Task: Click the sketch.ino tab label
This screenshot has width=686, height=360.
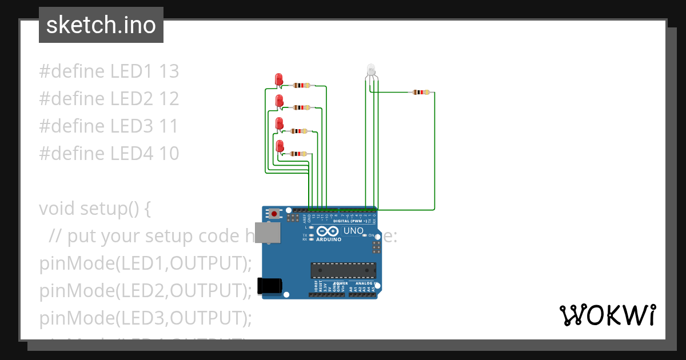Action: click(x=101, y=25)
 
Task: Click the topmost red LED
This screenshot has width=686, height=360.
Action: click(x=279, y=79)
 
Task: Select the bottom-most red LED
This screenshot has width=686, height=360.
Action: click(x=280, y=146)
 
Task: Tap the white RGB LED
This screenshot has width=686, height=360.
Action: click(x=370, y=70)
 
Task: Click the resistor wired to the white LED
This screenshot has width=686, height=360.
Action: click(x=421, y=92)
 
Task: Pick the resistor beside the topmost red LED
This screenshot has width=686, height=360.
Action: click(x=301, y=86)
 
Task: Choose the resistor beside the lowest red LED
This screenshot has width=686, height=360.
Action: click(x=298, y=154)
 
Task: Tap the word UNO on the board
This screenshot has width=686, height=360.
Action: click(x=353, y=231)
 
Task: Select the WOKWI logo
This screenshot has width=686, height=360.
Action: click(x=607, y=315)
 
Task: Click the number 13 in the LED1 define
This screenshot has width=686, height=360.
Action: click(x=169, y=71)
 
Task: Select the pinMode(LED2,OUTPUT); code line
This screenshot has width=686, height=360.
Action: click(x=146, y=291)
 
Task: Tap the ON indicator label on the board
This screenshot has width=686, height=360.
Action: click(x=372, y=235)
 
